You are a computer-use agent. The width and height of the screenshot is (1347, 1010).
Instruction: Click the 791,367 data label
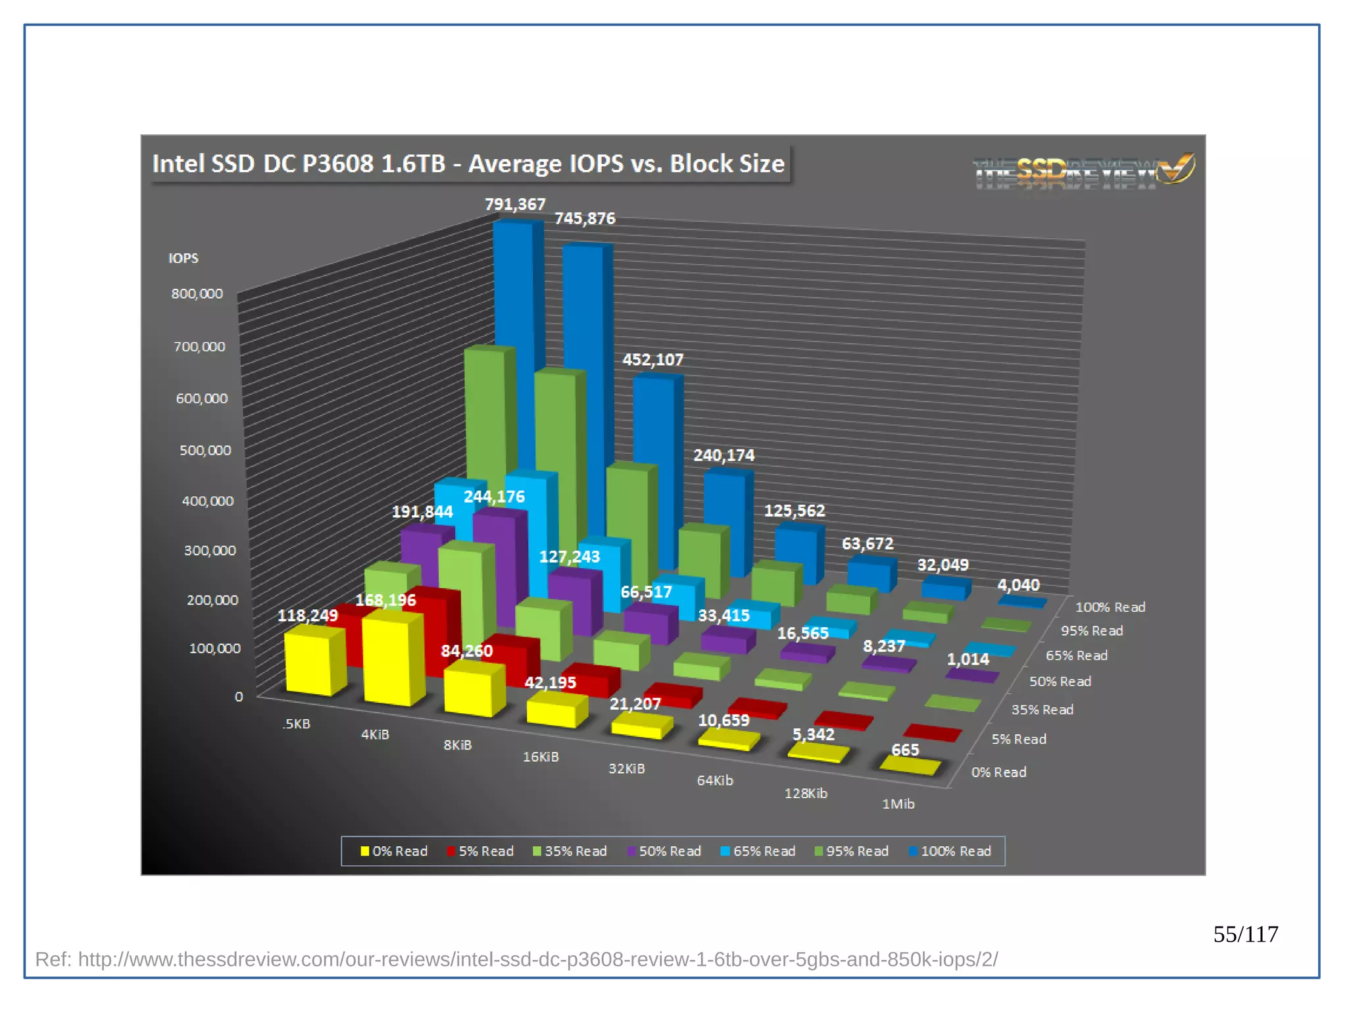pos(515,205)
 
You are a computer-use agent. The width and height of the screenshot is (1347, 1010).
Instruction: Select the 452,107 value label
pos(652,360)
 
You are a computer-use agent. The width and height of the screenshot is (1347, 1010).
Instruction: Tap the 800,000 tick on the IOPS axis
pos(197,293)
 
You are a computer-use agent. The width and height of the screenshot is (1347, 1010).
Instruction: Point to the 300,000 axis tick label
pos(209,550)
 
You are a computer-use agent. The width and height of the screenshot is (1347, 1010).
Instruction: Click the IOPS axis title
pos(183,258)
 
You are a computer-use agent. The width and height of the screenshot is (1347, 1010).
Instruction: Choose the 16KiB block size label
pos(541,757)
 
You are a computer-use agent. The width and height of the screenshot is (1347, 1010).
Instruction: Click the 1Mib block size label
pos(898,803)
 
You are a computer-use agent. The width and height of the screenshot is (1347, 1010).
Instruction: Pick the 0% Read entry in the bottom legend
pos(394,851)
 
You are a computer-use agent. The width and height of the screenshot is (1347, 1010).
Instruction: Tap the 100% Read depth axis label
pos(1110,607)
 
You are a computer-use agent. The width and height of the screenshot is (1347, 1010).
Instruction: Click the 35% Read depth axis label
pos(1042,709)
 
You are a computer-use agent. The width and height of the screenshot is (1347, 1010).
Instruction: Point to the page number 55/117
pos(1245,934)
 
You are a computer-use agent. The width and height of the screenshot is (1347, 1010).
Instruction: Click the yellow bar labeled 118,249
pos(312,661)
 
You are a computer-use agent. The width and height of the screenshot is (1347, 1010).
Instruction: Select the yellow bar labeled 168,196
pos(392,658)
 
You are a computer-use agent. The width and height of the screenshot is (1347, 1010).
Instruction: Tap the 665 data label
pos(905,749)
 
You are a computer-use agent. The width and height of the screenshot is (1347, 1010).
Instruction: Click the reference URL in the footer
pos(516,959)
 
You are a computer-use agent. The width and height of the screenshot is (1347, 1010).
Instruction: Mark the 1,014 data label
pos(967,659)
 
